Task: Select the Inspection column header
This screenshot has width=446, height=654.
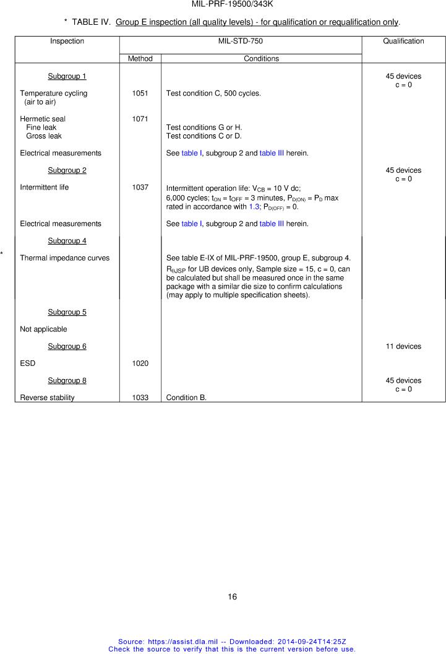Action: [67, 41]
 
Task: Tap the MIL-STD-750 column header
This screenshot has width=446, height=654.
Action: [240, 41]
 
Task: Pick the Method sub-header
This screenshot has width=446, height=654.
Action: [140, 59]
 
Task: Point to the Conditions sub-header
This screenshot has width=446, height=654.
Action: [261, 59]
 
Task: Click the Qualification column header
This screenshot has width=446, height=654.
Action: [403, 41]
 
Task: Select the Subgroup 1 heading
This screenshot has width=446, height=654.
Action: [67, 77]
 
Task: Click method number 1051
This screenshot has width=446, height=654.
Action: [140, 94]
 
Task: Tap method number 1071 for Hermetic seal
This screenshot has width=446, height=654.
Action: [140, 119]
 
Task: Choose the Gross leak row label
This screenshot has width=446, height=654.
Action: [43, 136]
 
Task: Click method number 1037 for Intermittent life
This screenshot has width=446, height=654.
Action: [140, 187]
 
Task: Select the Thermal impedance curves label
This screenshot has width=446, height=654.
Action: [64, 258]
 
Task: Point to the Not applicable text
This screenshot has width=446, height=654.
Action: [43, 329]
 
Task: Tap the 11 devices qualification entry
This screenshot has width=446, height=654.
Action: [403, 347]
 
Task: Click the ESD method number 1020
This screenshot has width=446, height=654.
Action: [140, 364]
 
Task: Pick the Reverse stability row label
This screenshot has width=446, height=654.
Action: [47, 398]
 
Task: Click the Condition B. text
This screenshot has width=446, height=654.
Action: [186, 398]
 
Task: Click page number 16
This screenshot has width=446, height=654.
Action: [232, 597]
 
